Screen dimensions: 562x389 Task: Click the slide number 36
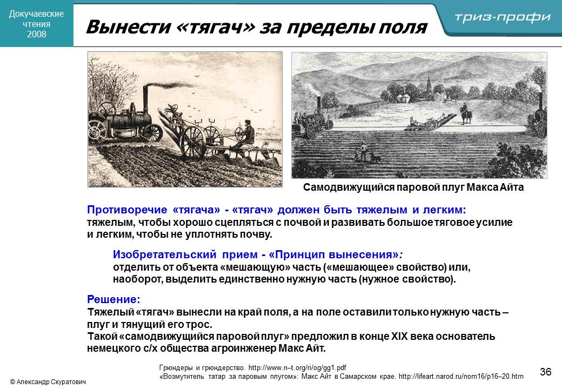pyautogui.click(x=545, y=372)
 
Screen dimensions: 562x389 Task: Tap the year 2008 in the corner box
pyautogui.click(x=37, y=35)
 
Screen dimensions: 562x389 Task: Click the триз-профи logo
pyautogui.click(x=502, y=17)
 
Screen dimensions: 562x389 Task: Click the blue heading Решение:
pyautogui.click(x=113, y=299)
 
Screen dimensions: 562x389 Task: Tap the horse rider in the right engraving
pyautogui.click(x=466, y=113)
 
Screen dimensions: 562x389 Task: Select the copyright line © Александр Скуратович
pyautogui.click(x=48, y=382)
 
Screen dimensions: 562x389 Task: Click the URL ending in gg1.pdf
pyautogui.click(x=297, y=368)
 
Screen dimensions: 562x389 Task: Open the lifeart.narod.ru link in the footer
pyautogui.click(x=461, y=377)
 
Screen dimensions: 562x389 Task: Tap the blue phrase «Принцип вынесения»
pyautogui.click(x=333, y=254)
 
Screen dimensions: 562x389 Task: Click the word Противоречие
pyautogui.click(x=127, y=210)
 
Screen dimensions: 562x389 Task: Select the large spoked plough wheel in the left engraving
pyautogui.click(x=193, y=142)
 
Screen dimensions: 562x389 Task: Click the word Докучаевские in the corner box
pyautogui.click(x=37, y=14)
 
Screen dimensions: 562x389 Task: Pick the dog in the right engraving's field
pyautogui.click(x=375, y=157)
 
